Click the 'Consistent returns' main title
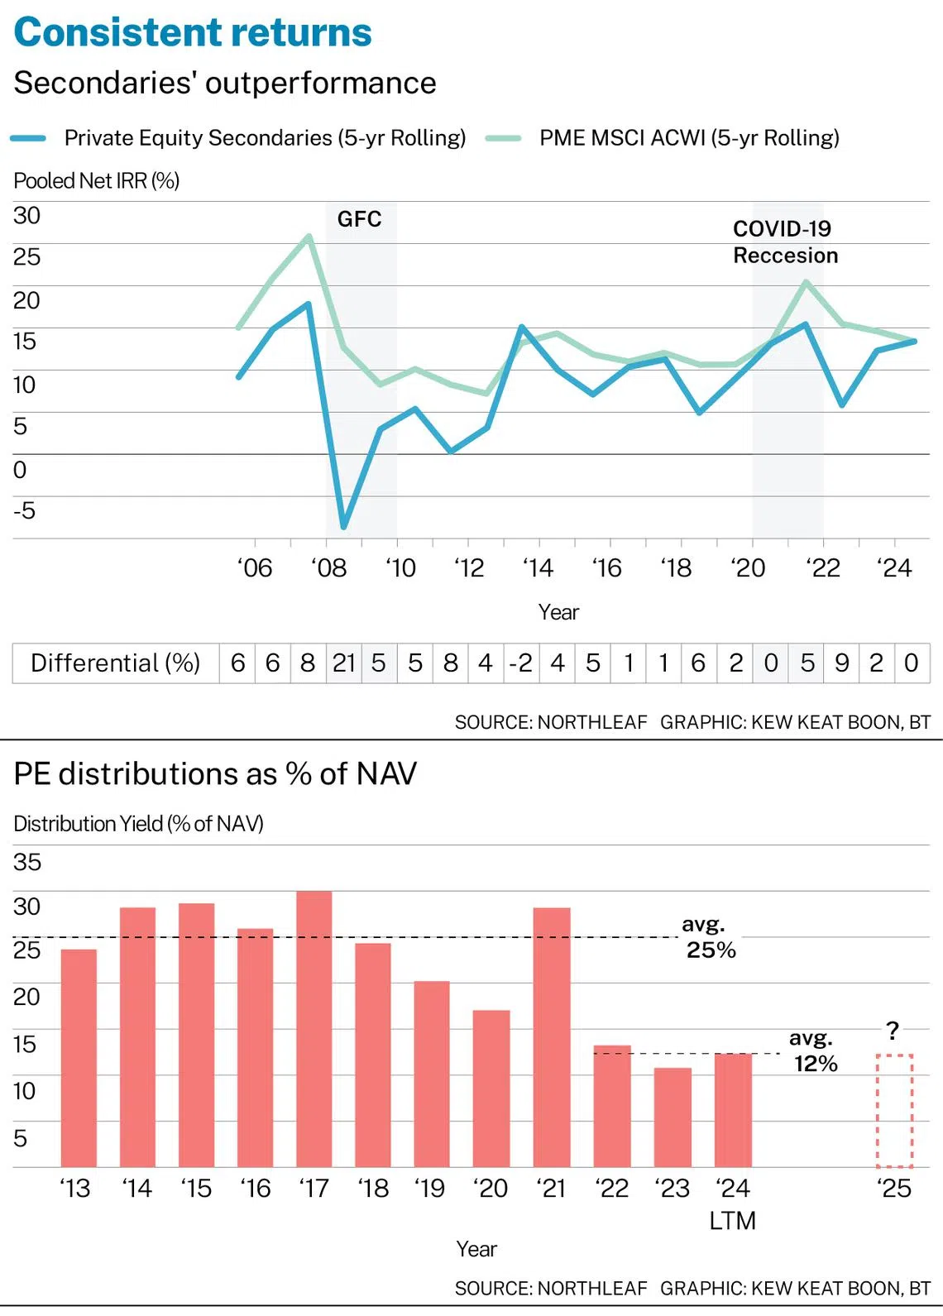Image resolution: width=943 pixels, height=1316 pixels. tap(193, 33)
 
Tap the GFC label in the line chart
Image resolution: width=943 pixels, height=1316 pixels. tap(359, 219)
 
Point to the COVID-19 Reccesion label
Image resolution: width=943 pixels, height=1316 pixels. tap(785, 242)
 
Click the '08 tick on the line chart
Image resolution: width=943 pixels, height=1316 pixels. tap(328, 568)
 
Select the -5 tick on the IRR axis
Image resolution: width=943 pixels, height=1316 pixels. tap(24, 510)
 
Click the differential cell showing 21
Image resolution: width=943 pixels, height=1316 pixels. tap(344, 663)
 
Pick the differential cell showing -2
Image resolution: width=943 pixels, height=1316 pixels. tap(520, 663)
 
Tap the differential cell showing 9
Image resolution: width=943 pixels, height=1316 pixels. tap(841, 663)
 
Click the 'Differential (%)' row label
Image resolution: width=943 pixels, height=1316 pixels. tap(115, 663)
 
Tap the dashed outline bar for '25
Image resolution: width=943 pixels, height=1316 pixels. tap(894, 1110)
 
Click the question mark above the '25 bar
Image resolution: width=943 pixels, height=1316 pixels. tap(893, 1031)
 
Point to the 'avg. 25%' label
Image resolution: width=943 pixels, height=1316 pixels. tap(709, 937)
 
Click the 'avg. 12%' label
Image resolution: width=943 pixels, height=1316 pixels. tap(814, 1051)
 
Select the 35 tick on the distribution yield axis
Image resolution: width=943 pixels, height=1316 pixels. tap(26, 862)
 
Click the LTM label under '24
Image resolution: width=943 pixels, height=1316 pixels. tap(732, 1221)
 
